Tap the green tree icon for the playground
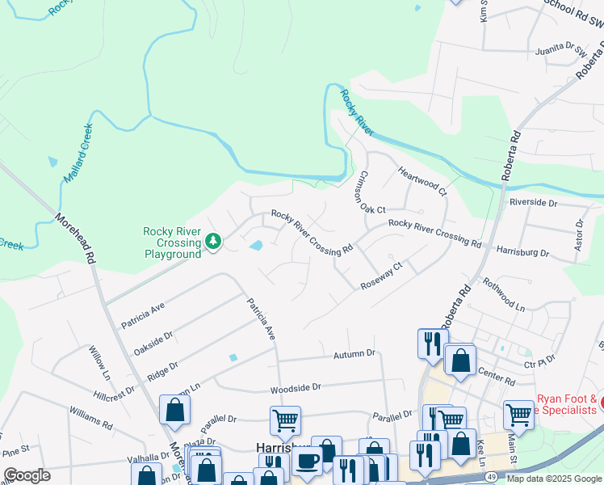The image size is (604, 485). pos(213,242)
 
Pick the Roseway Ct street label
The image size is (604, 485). pos(381,275)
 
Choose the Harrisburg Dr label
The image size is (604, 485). pos(522,252)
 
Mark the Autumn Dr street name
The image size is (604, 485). pos(354,354)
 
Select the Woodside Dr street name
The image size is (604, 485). pos(296,387)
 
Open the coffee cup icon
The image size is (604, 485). pos(307,462)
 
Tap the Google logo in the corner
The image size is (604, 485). pos(27,475)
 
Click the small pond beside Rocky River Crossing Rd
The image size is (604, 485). pos(256,245)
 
